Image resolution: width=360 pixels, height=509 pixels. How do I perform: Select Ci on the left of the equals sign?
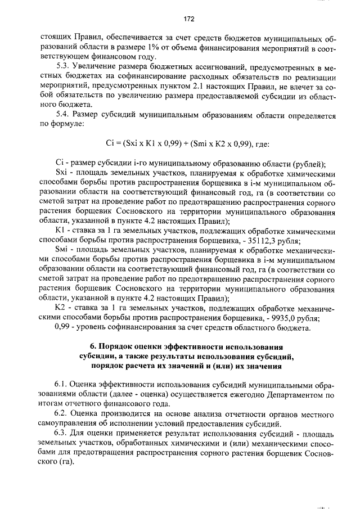click(x=110, y=143)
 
